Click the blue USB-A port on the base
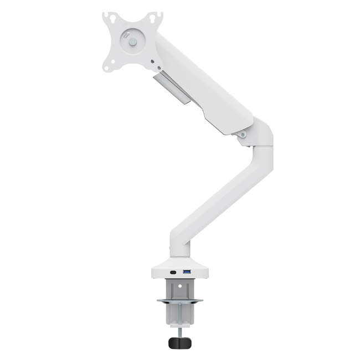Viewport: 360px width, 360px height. coord(187,272)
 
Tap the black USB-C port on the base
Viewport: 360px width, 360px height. coord(173,272)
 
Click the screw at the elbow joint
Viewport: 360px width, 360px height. coord(243,134)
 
